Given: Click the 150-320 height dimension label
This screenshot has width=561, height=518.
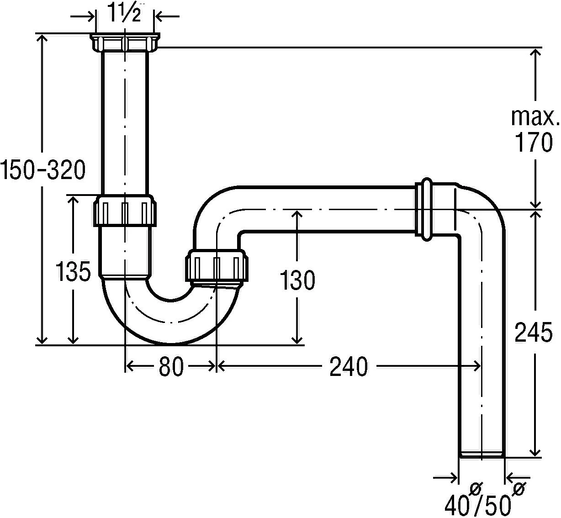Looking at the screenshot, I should point(42,170).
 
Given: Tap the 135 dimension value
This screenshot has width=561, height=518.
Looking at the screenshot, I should point(73,273).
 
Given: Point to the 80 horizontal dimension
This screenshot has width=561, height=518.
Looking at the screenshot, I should point(171,366).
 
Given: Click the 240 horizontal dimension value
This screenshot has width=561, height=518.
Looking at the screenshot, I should point(349,366).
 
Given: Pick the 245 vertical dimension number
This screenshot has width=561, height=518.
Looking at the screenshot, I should point(534,332).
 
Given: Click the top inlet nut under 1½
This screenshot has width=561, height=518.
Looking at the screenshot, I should point(125,42).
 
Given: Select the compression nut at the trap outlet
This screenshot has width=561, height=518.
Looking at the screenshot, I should point(217,266).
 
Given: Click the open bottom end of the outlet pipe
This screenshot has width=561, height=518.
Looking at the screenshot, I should point(482,455).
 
